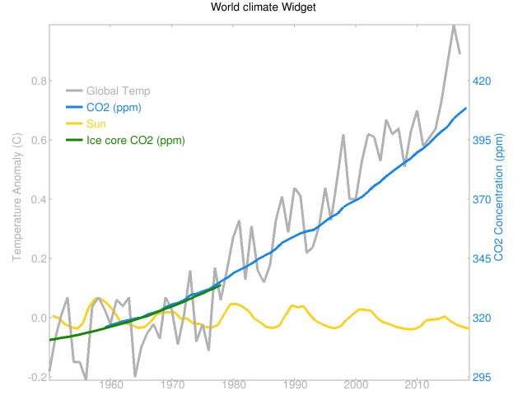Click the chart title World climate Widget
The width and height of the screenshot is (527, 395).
(263, 8)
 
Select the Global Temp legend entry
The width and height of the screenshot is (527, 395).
(118, 91)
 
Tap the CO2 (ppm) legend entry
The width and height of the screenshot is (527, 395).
(115, 108)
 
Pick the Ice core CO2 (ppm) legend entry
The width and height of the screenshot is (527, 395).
(135, 141)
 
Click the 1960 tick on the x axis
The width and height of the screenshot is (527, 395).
(110, 384)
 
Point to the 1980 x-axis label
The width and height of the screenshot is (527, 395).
(233, 384)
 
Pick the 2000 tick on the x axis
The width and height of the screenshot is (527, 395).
(356, 384)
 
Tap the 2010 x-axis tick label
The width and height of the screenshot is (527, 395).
(417, 384)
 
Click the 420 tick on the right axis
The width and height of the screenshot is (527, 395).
(482, 81)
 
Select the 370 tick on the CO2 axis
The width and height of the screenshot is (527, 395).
(482, 199)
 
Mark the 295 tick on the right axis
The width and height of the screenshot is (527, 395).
(482, 377)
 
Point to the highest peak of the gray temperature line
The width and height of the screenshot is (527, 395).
(454, 25)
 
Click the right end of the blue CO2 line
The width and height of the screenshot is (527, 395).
(466, 108)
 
